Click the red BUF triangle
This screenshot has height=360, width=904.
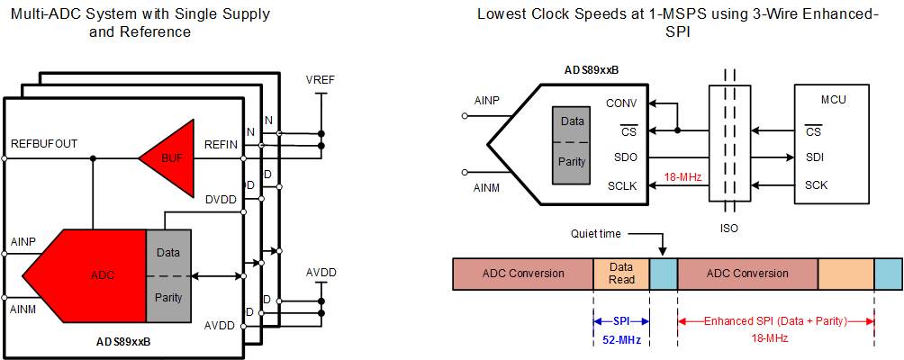(168, 157)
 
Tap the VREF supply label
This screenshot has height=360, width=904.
(320, 81)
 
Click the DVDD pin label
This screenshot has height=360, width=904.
(221, 199)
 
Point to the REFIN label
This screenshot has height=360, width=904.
(221, 144)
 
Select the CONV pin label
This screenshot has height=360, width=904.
(621, 103)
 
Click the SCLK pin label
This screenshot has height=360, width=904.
(621, 185)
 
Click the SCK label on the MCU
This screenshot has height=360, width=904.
(816, 185)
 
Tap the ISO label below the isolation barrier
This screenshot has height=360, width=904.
(729, 229)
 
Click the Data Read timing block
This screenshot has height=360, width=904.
(621, 274)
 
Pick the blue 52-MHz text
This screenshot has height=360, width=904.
(621, 338)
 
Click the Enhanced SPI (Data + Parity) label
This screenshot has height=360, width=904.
(775, 321)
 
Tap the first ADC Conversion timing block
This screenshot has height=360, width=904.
(523, 274)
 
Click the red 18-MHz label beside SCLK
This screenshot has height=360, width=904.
(683, 178)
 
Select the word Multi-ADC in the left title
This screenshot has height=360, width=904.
(43, 14)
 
